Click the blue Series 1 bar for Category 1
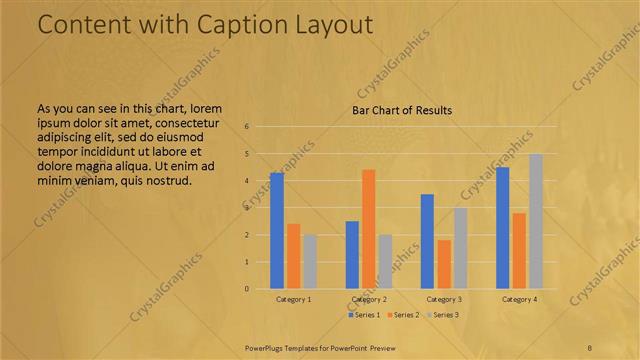pyautogui.click(x=277, y=231)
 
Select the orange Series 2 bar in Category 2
pyautogui.click(x=368, y=229)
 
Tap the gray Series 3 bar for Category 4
pyautogui.click(x=536, y=221)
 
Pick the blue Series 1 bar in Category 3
pyautogui.click(x=427, y=241)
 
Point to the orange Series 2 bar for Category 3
pyautogui.click(x=443, y=264)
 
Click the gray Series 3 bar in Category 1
pyautogui.click(x=309, y=262)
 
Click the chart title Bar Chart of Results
pyautogui.click(x=402, y=110)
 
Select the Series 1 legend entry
pyautogui.click(x=363, y=315)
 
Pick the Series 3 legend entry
pyautogui.click(x=443, y=315)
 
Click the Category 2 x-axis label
pyautogui.click(x=368, y=299)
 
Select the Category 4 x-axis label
pyautogui.click(x=519, y=299)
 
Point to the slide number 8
pyautogui.click(x=590, y=347)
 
